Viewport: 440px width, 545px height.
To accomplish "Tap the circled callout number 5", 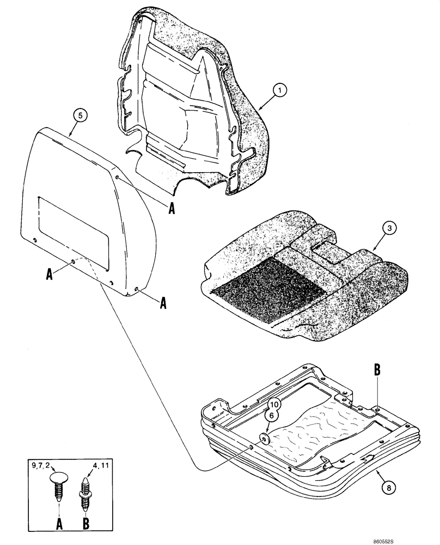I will (80, 116).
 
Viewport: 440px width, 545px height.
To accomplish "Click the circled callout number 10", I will (273, 404).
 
